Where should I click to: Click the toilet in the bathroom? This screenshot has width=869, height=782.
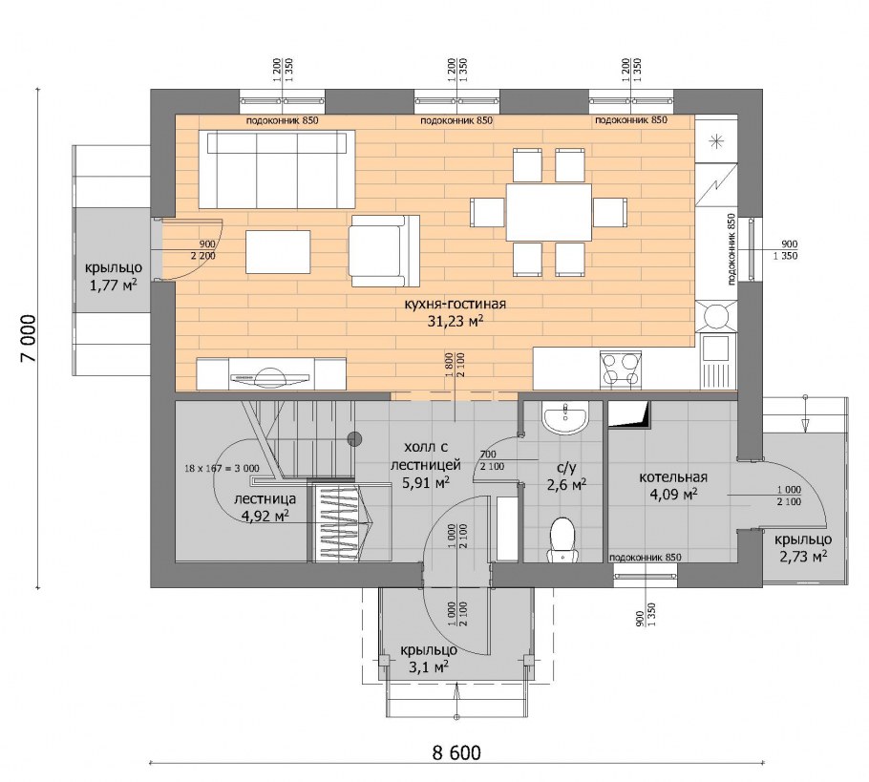563,539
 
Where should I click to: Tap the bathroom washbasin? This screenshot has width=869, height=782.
564,419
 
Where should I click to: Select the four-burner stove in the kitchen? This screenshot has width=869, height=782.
620,370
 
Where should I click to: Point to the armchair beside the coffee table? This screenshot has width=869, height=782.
384,251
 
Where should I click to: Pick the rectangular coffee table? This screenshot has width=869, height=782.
278,252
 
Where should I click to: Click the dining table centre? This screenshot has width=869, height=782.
549,213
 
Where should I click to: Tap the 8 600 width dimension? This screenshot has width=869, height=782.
456,752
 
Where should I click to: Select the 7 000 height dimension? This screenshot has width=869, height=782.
29,339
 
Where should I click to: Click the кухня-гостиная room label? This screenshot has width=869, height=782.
456,304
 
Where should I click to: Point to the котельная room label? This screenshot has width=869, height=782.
673,477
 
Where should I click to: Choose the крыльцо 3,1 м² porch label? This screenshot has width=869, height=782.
429,659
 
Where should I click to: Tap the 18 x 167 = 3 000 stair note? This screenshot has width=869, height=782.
222,468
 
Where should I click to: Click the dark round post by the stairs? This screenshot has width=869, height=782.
354,439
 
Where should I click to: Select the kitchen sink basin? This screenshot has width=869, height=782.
712,349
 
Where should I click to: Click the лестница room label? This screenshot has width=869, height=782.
265,498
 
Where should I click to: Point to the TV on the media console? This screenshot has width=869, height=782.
271,377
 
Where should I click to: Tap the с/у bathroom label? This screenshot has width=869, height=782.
566,468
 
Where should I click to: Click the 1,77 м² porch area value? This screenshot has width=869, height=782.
114,285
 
